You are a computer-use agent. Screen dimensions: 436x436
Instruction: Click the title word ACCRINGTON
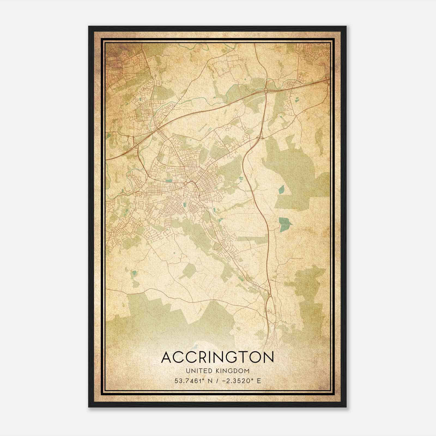tap(217, 357)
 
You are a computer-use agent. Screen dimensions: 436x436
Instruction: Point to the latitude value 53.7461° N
tap(193, 381)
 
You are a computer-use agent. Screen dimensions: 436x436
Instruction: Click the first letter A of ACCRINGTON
tap(167, 357)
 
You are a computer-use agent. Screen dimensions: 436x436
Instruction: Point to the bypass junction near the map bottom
tap(270, 295)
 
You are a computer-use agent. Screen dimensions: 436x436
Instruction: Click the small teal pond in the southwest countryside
tap(134, 272)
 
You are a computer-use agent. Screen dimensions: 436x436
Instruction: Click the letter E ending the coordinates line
tap(259, 381)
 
